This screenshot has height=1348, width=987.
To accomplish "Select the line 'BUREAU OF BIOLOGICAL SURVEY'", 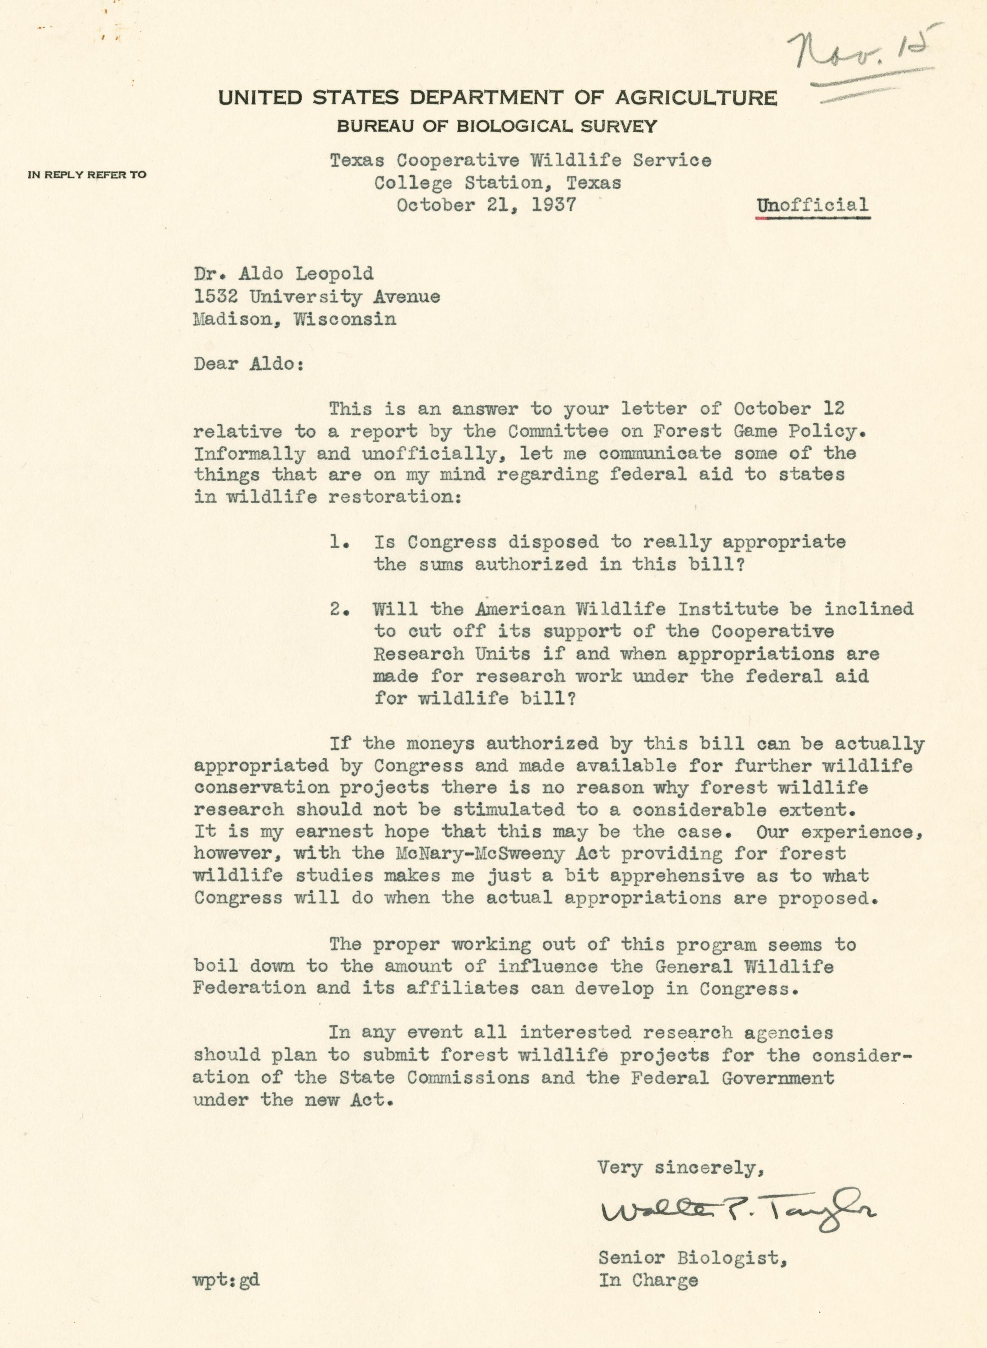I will pyautogui.click(x=496, y=126).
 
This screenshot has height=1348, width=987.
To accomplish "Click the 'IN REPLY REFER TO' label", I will pyautogui.click(x=87, y=175).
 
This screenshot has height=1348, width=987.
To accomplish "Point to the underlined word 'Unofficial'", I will pyautogui.click(x=813, y=206).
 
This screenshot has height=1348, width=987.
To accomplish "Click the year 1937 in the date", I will pyautogui.click(x=554, y=205).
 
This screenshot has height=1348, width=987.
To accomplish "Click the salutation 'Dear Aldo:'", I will pyautogui.click(x=249, y=364).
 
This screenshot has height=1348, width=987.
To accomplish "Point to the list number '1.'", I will pyautogui.click(x=339, y=542).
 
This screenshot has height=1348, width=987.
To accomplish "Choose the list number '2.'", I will pyautogui.click(x=339, y=609).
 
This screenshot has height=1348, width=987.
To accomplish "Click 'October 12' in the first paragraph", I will pyautogui.click(x=789, y=409).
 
